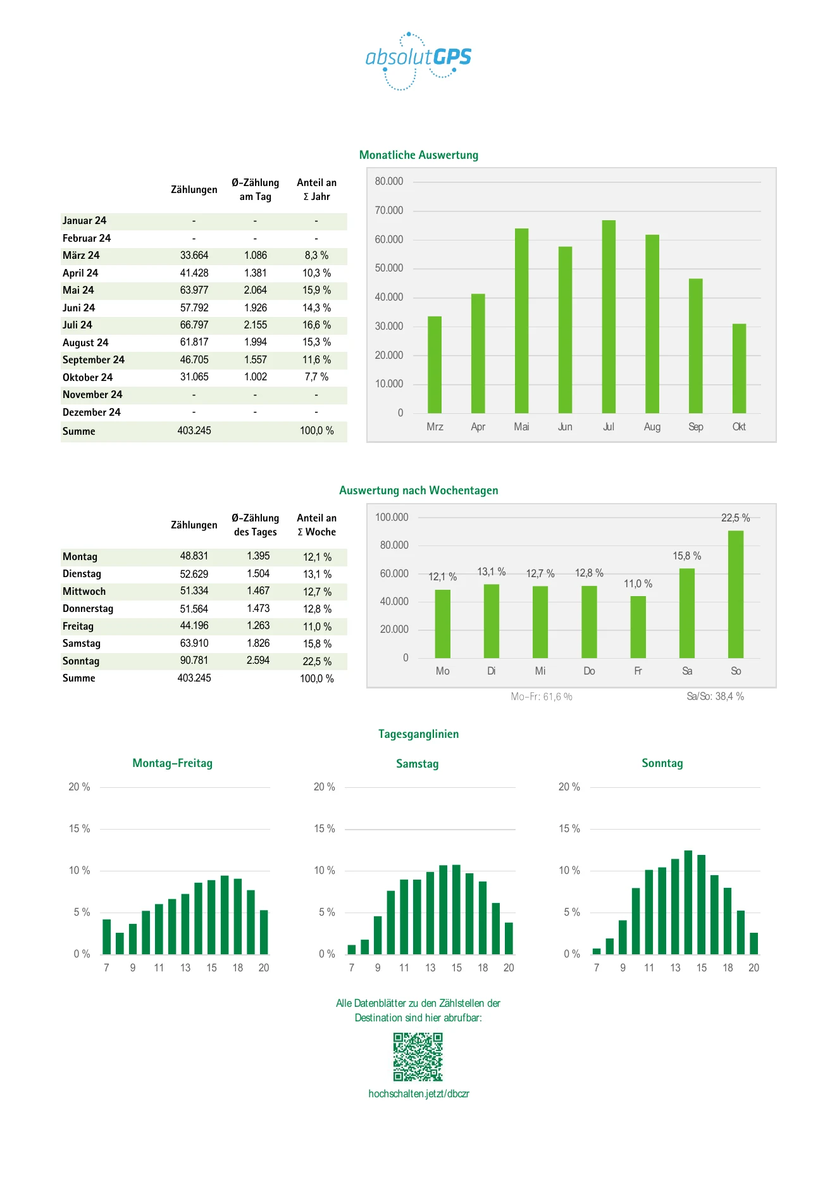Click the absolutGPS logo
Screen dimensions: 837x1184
(418, 61)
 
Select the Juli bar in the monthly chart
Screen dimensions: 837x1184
(609, 316)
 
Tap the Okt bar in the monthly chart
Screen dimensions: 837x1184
(739, 368)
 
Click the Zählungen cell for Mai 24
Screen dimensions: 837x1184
(194, 290)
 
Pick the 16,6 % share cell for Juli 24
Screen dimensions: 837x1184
(316, 325)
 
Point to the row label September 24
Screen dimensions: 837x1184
(94, 360)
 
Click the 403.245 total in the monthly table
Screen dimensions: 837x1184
(194, 431)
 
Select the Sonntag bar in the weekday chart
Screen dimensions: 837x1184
(736, 594)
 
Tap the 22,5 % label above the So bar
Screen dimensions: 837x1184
(736, 518)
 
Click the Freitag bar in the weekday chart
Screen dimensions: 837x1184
(638, 627)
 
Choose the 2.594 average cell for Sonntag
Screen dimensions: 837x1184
(258, 661)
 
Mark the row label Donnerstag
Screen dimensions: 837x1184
(88, 609)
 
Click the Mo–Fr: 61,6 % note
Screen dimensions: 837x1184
(542, 697)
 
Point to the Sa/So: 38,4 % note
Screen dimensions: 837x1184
(716, 697)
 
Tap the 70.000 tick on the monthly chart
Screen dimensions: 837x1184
(389, 211)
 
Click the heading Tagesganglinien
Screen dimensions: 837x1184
(419, 734)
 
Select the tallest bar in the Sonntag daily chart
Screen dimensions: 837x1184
(688, 902)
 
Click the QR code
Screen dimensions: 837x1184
(418, 1057)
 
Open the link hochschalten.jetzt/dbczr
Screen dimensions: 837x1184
(419, 1094)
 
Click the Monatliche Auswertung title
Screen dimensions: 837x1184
(419, 155)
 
